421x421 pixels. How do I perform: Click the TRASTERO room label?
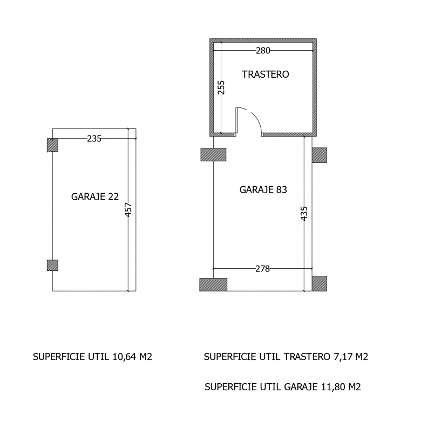pyautogui.click(x=265, y=74)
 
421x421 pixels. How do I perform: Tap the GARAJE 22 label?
pyautogui.click(x=95, y=197)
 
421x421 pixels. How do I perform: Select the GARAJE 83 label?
pyautogui.click(x=263, y=190)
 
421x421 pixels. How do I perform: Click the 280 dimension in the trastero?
pyautogui.click(x=263, y=51)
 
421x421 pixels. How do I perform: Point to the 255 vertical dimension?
pyautogui.click(x=221, y=87)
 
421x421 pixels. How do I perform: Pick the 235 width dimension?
pyautogui.click(x=94, y=139)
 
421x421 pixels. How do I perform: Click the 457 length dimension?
pyautogui.click(x=128, y=209)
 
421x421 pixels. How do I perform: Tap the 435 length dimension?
pyautogui.click(x=304, y=213)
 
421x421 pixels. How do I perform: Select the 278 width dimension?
pyautogui.click(x=262, y=269)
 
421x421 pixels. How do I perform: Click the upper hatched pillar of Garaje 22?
pyautogui.click(x=53, y=145)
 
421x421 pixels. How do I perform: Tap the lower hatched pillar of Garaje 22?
pyautogui.click(x=53, y=265)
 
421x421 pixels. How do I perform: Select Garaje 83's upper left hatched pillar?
pyautogui.click(x=213, y=154)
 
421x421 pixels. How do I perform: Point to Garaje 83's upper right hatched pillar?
pyautogui.click(x=320, y=155)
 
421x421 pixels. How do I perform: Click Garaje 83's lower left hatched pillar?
pyautogui.click(x=213, y=284)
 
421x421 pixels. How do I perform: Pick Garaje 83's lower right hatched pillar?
pyautogui.click(x=320, y=283)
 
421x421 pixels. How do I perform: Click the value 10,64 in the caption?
pyautogui.click(x=124, y=357)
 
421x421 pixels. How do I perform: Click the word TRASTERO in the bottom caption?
pyautogui.click(x=307, y=357)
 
